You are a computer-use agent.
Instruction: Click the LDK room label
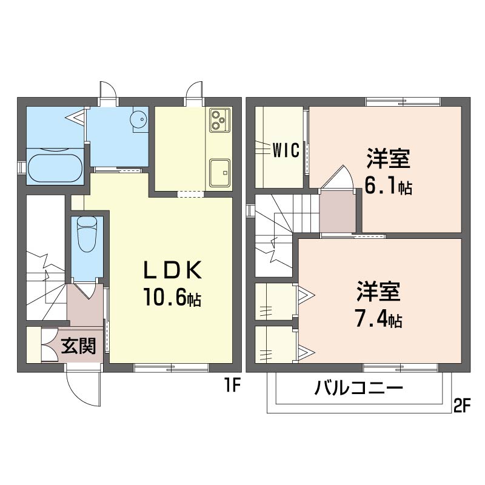click(x=172, y=270)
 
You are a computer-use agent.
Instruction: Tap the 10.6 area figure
click(x=172, y=297)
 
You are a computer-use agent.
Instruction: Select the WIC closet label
click(x=286, y=150)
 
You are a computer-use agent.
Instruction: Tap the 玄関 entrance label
click(x=78, y=346)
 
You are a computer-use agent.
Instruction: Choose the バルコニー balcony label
click(x=358, y=388)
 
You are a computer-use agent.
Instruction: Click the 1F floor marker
click(x=232, y=385)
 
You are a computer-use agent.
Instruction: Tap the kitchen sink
click(x=220, y=173)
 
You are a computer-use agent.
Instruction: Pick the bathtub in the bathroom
click(x=55, y=168)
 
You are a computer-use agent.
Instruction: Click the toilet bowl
click(x=87, y=234)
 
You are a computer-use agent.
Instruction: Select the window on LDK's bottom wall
click(x=172, y=368)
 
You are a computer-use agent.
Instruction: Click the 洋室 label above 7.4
click(x=378, y=292)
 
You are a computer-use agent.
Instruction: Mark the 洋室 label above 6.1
click(x=388, y=159)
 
